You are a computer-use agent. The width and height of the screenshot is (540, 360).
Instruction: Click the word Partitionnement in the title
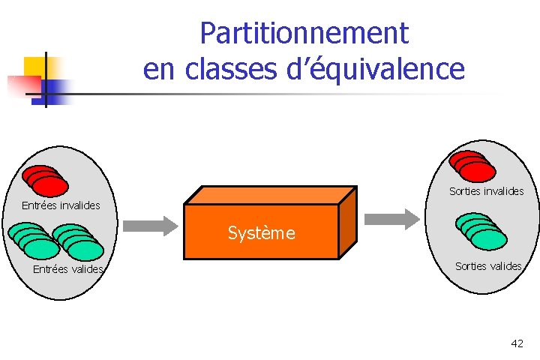pyautogui.click(x=304, y=34)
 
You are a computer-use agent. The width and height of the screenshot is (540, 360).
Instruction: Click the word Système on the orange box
pyautogui.click(x=262, y=233)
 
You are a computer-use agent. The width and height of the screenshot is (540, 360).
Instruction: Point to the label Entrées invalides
pyautogui.click(x=61, y=205)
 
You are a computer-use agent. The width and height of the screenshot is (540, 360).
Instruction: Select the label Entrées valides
pyautogui.click(x=67, y=269)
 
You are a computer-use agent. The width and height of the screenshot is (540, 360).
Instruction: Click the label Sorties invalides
pyautogui.click(x=486, y=191)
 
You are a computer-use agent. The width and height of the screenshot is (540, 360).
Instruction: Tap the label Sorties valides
pyautogui.click(x=488, y=266)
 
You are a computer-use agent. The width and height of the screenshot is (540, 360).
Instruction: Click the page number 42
pyautogui.click(x=517, y=343)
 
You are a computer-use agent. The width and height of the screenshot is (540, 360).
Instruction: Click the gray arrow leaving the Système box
pyautogui.click(x=391, y=219)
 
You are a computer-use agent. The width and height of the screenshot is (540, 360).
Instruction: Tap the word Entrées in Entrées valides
pyautogui.click(x=49, y=269)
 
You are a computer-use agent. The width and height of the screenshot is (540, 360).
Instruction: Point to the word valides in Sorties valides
pyautogui.click(x=504, y=266)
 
